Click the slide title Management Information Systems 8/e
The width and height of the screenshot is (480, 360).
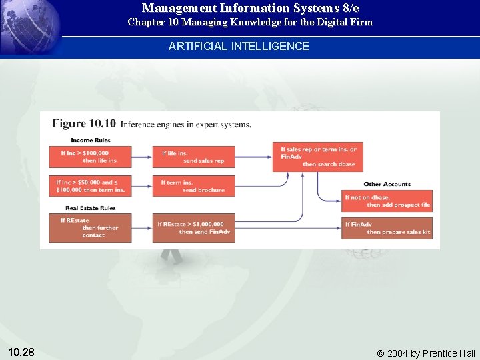pos(250,9)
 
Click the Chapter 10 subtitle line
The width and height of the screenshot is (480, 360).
pos(250,22)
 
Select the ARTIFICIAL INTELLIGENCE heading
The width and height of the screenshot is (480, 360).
pos(239,46)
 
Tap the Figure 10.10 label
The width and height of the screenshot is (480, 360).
pos(84,123)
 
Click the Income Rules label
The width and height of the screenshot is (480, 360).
pos(91,140)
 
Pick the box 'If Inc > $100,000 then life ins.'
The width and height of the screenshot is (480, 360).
pos(90,157)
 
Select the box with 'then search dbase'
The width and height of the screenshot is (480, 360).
pos(319,157)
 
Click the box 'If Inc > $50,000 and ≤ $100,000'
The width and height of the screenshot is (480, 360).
pos(90,186)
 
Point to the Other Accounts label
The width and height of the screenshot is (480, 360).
pos(387,184)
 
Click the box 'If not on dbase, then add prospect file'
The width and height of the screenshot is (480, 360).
pos(387,201)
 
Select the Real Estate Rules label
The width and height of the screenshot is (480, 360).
pos(91,208)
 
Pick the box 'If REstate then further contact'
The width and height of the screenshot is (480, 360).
pos(90,227)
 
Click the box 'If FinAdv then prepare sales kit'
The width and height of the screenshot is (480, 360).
pos(387,228)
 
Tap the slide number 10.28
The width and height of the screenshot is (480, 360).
pos(21,351)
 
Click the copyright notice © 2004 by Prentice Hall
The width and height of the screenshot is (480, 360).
pos(426,353)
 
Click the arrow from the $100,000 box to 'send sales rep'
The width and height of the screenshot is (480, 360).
pos(141,157)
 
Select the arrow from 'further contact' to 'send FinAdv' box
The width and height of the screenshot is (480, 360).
pos(141,228)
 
